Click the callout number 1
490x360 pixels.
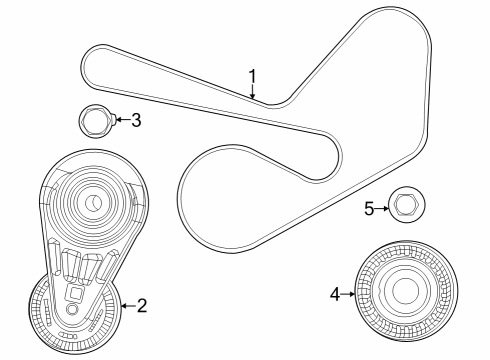pyautogui.click(x=253, y=75)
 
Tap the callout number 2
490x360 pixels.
pyautogui.click(x=142, y=305)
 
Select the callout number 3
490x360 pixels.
pyautogui.click(x=136, y=121)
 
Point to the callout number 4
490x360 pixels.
pyautogui.click(x=336, y=293)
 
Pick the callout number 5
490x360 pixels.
pyautogui.click(x=368, y=209)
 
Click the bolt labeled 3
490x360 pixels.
pyautogui.click(x=95, y=123)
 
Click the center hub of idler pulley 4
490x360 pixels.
pyautogui.click(x=404, y=292)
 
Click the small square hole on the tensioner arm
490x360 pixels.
pyautogui.click(x=73, y=294)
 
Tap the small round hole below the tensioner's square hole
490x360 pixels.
pyautogui.click(x=71, y=310)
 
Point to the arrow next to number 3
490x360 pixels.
pyautogui.click(x=121, y=121)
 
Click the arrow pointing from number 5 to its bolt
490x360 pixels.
pyautogui.click(x=383, y=208)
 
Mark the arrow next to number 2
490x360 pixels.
pyautogui.click(x=126, y=304)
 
